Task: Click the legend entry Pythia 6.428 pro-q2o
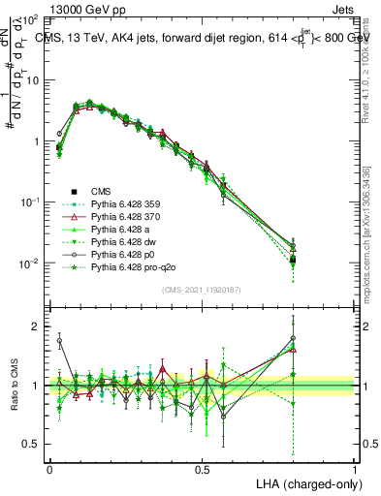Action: click(129, 266)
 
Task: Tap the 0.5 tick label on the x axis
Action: click(202, 468)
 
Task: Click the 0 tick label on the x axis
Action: click(49, 468)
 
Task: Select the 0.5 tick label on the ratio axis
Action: click(32, 444)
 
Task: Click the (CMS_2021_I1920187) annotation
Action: click(203, 290)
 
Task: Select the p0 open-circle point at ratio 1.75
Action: click(59, 341)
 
